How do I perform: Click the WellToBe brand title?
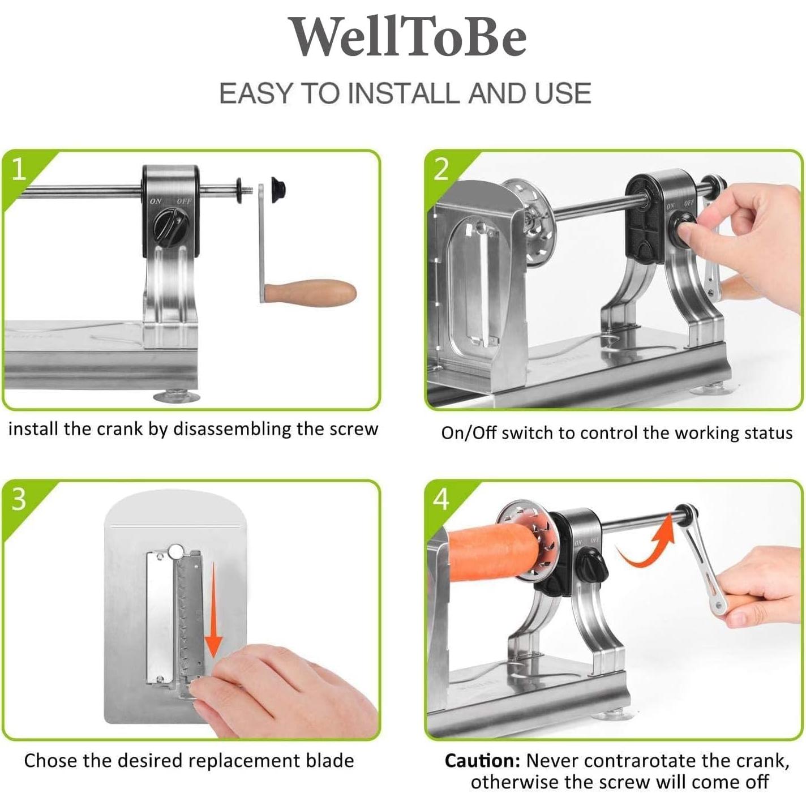click(x=406, y=37)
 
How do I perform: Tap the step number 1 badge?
click(x=19, y=169)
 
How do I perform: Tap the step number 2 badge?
click(x=441, y=169)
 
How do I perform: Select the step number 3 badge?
click(x=19, y=499)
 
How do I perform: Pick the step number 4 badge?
click(x=441, y=499)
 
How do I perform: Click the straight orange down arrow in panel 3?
click(x=213, y=611)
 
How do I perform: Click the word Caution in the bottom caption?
click(x=481, y=760)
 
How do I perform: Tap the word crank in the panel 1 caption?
click(x=119, y=428)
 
